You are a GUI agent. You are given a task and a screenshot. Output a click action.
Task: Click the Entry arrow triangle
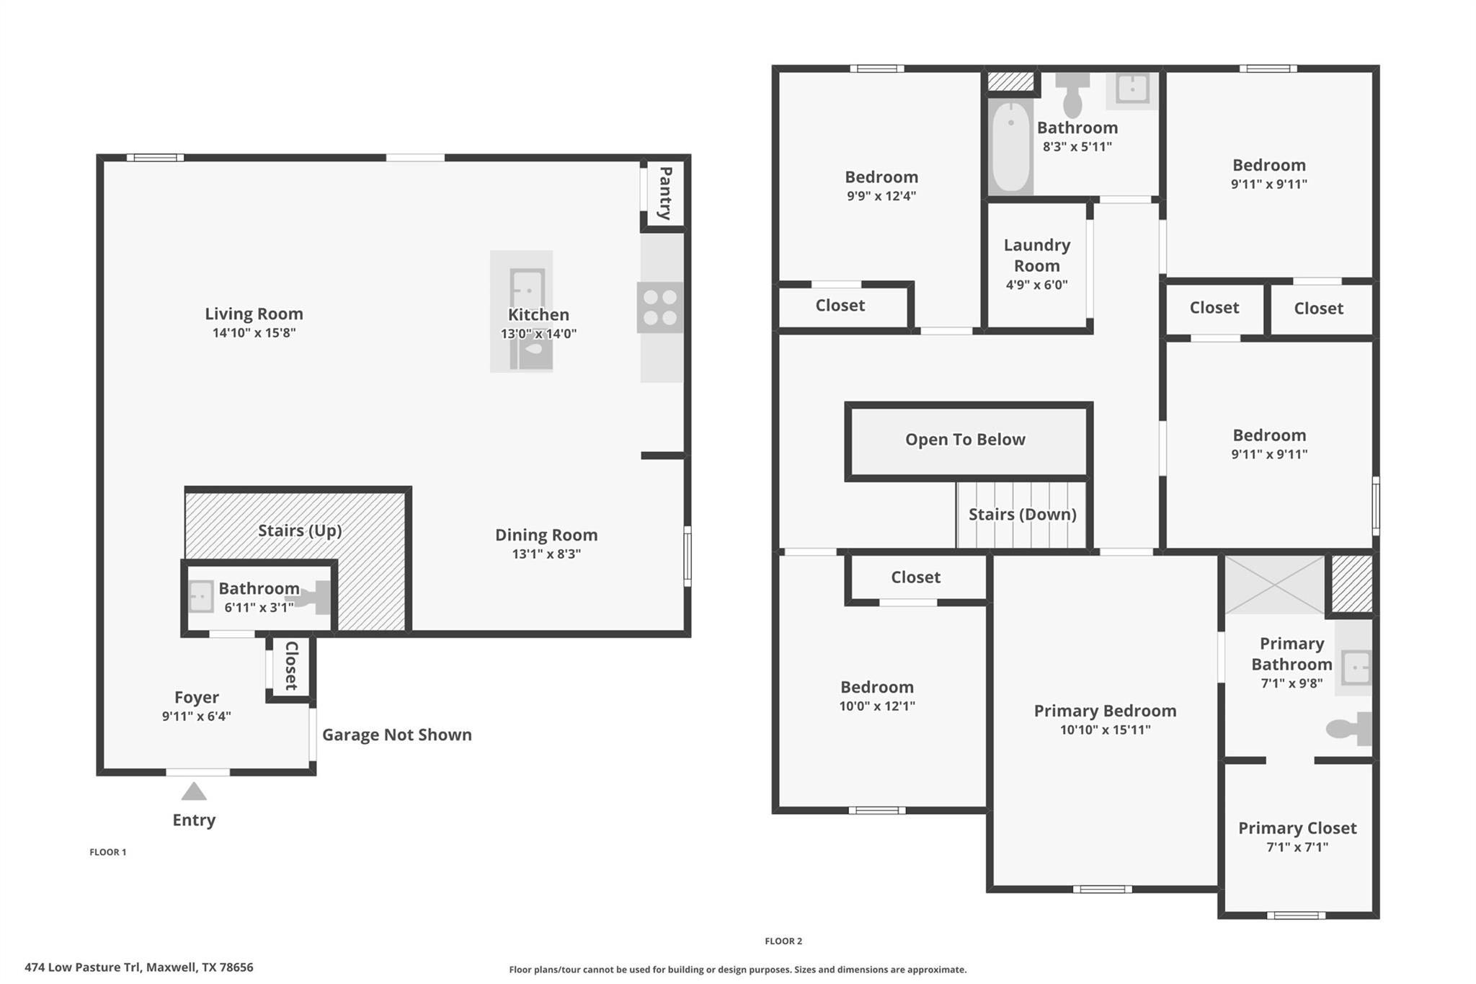[x=194, y=792]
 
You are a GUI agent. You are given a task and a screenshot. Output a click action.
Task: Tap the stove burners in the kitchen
[x=659, y=307]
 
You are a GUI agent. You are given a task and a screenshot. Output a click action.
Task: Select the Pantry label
[x=665, y=193]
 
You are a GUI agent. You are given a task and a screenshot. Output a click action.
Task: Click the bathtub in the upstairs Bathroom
[x=1010, y=147]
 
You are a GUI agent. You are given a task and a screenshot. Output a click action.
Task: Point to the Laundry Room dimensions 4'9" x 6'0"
[x=1036, y=285]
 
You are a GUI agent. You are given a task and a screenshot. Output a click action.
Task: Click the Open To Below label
[x=965, y=440]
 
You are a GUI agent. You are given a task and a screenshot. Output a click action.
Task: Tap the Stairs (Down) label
[x=1022, y=515]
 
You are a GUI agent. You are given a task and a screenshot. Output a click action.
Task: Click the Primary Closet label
[x=1297, y=828]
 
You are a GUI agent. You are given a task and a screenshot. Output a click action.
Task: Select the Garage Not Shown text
[x=396, y=735]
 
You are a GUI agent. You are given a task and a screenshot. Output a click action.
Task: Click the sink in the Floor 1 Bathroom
[x=201, y=597]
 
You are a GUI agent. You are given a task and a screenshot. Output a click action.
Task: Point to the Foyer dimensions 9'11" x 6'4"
[x=196, y=717]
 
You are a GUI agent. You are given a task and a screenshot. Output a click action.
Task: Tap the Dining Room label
[x=546, y=535]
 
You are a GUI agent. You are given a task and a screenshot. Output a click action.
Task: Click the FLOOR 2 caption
[x=783, y=941]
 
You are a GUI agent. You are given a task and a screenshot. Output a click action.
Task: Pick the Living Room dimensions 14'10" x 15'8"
[x=254, y=333]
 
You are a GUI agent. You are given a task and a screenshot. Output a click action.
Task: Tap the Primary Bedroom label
[x=1105, y=711]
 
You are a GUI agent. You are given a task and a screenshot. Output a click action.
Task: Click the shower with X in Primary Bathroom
[x=1274, y=585]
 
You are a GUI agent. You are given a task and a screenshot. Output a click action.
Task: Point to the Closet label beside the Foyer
[x=291, y=666]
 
